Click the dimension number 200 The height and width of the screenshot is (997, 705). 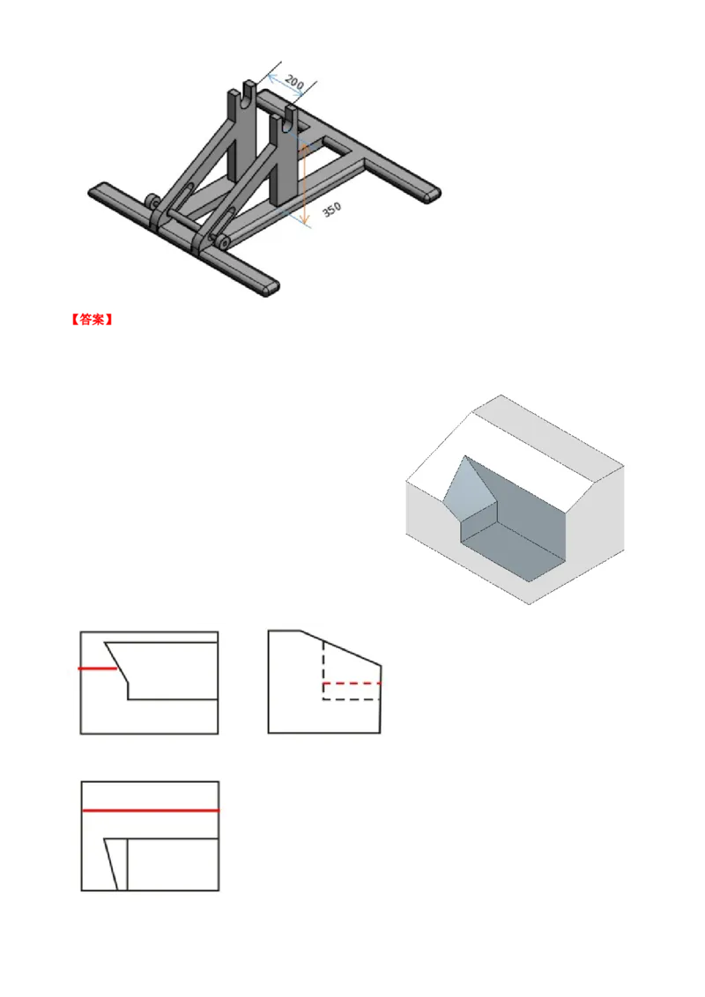click(x=294, y=81)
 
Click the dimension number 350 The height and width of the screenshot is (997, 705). click(x=331, y=210)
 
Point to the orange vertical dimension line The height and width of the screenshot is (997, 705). click(x=304, y=184)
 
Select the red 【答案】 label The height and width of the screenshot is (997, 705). click(x=92, y=319)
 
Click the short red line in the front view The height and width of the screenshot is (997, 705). click(x=97, y=668)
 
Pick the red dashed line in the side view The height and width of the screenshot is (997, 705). click(x=352, y=683)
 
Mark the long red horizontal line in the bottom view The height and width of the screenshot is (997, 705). click(x=151, y=810)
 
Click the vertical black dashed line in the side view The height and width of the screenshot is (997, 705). click(x=323, y=670)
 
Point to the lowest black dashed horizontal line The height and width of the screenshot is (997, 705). click(x=352, y=699)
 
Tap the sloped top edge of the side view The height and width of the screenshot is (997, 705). click(x=340, y=648)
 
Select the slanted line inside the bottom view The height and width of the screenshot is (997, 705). click(x=111, y=864)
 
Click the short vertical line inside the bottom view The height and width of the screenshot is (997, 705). click(x=127, y=864)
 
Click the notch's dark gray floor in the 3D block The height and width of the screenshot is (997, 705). click(x=513, y=550)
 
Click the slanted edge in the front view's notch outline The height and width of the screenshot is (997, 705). click(x=116, y=663)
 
